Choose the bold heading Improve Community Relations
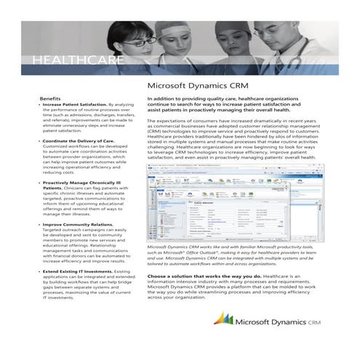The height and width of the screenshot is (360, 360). point(75,225)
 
